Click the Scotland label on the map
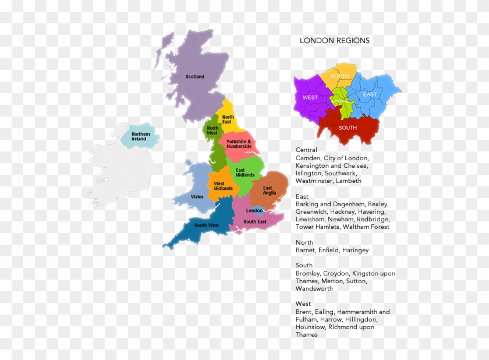195,76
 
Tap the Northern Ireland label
141,136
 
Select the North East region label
227,119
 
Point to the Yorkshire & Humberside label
239,144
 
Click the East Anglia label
269,190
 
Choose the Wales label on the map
197,197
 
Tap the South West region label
207,225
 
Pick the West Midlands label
223,186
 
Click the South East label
255,221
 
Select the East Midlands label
245,172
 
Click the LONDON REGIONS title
334,41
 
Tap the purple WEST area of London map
310,97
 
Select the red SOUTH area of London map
348,128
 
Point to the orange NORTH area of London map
339,76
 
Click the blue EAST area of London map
370,94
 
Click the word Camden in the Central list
307,158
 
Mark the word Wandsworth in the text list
314,288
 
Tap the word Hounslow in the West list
310,327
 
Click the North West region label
212,130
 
